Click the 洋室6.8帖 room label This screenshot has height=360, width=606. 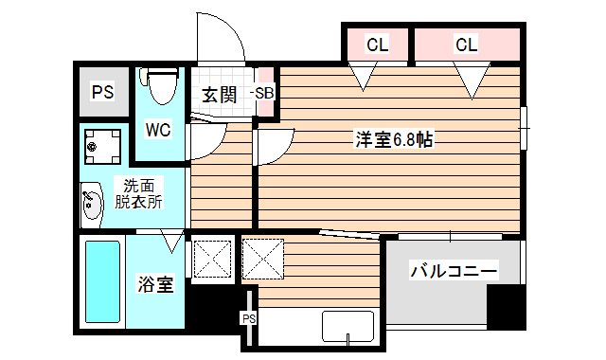[x=394, y=140]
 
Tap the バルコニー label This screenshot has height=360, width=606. [x=453, y=272]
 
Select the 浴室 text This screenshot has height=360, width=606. [x=155, y=284]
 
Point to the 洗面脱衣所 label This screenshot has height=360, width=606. [x=138, y=193]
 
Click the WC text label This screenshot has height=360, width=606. [x=157, y=130]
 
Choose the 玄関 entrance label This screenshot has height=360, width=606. [x=219, y=95]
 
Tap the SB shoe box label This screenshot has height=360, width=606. [x=263, y=94]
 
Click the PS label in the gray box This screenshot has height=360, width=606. [x=102, y=92]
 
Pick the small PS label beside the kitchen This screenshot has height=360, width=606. [x=248, y=318]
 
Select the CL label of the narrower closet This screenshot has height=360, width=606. [x=377, y=44]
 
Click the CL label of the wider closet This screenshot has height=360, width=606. [x=466, y=44]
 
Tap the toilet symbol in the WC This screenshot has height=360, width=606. [x=162, y=86]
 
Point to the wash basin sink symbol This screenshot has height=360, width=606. [x=91, y=205]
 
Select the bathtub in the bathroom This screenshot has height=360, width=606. [x=102, y=282]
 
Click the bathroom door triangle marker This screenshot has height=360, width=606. [x=171, y=241]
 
